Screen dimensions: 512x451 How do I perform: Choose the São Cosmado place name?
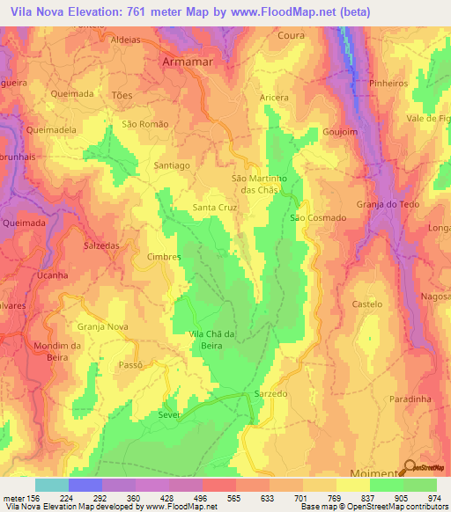click(312, 217)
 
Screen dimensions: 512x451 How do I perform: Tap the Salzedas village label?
click(101, 246)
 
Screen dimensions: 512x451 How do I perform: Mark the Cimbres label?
click(164, 257)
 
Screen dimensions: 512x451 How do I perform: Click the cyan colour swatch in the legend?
click(52, 485)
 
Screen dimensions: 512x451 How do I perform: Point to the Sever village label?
click(168, 411)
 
